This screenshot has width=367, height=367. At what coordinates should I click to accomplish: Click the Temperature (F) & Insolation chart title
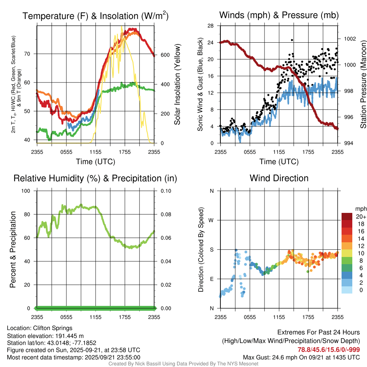[x=95, y=16]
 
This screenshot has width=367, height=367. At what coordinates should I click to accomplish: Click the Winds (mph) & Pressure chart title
[x=279, y=15]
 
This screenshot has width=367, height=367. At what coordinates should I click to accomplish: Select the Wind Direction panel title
[x=279, y=178]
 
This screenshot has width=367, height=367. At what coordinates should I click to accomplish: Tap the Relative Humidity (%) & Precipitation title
[x=95, y=178]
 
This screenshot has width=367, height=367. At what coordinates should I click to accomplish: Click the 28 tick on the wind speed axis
[x=211, y=25]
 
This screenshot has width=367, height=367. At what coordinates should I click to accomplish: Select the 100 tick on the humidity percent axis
[x=29, y=191]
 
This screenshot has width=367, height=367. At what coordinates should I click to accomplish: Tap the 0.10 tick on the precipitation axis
[x=166, y=191]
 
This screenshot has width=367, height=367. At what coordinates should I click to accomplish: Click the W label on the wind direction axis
[x=211, y=220]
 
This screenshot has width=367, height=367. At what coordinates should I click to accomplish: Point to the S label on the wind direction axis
[x=212, y=249]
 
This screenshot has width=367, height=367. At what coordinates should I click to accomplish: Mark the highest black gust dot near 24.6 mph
[x=292, y=40]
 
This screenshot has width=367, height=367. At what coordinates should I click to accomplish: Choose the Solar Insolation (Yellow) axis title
[x=177, y=84]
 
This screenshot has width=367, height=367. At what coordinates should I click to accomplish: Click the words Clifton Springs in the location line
[x=53, y=328]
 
